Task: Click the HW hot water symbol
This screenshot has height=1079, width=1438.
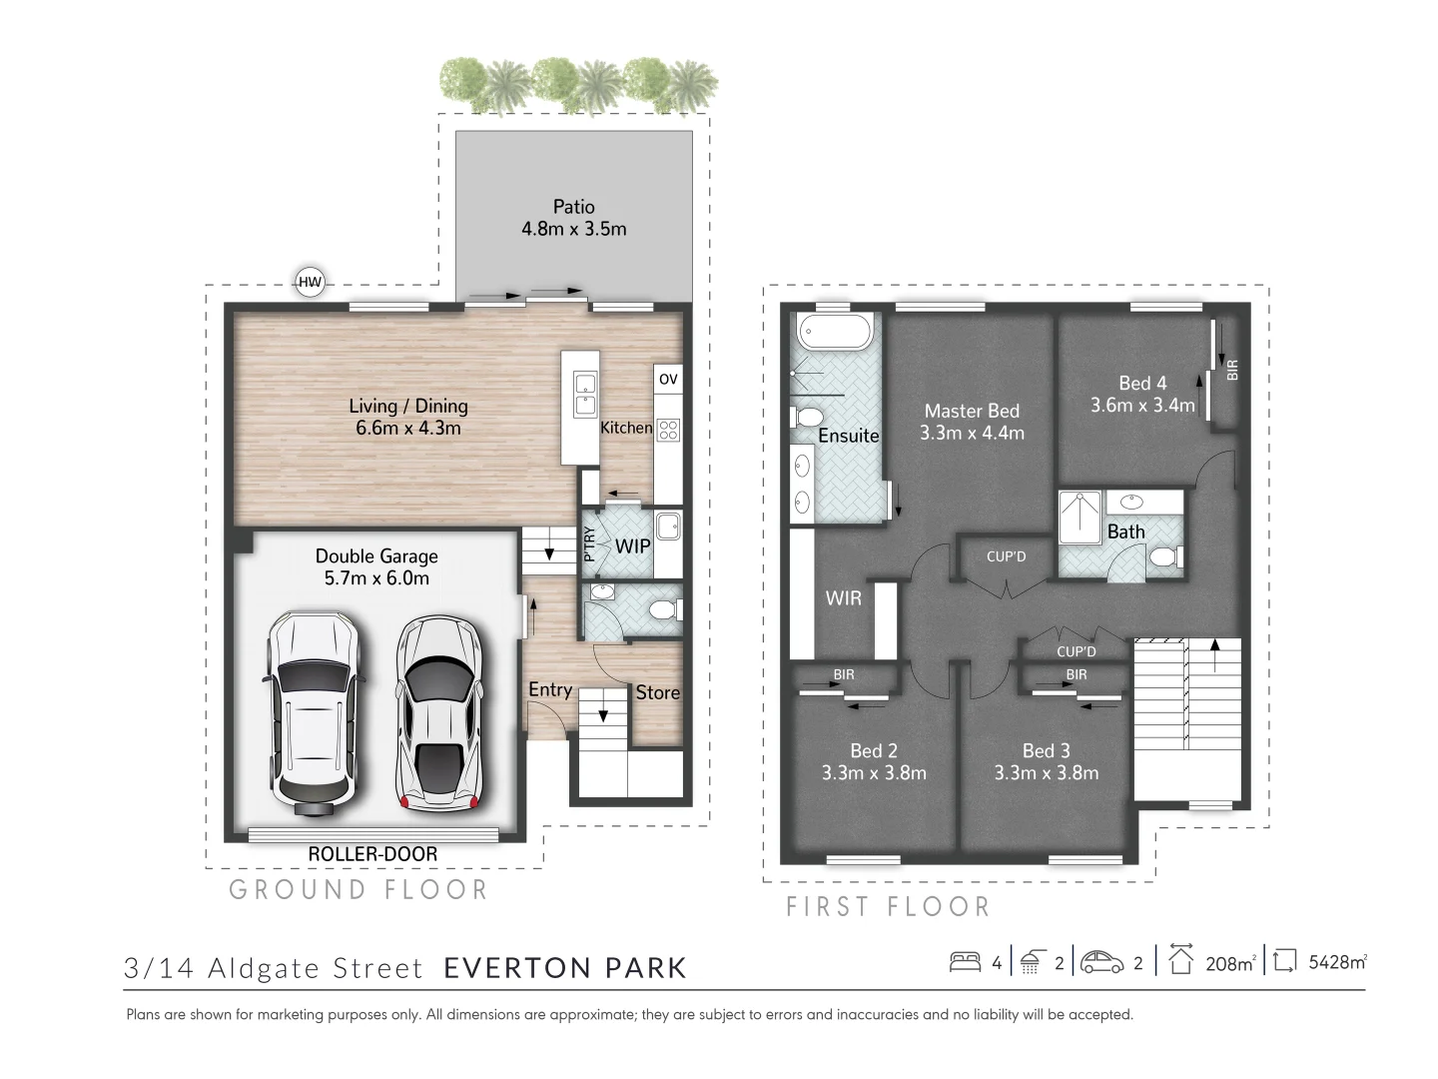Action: click(311, 283)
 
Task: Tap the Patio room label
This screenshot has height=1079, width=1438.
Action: click(573, 207)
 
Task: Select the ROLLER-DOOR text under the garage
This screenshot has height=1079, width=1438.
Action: click(372, 854)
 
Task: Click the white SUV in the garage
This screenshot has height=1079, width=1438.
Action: click(311, 711)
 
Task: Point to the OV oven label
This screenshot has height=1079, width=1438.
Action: click(668, 380)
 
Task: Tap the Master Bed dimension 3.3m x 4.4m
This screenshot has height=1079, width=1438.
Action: click(972, 434)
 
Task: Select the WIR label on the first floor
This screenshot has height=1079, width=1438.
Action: click(844, 599)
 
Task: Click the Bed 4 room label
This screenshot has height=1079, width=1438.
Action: click(1142, 383)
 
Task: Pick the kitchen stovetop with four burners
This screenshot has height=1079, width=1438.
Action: click(668, 431)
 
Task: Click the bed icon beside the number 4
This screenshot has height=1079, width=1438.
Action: click(965, 962)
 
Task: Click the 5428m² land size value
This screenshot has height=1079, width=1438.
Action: click(1337, 963)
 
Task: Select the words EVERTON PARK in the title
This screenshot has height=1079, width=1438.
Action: click(565, 968)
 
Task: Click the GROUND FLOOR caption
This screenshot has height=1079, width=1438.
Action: click(359, 890)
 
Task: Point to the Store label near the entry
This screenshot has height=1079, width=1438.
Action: click(657, 692)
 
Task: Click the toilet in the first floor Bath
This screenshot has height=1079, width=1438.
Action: click(1164, 555)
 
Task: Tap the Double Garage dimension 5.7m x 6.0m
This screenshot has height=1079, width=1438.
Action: click(376, 578)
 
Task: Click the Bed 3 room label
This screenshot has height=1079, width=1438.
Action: click(1046, 750)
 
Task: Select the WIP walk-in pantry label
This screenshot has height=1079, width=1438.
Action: click(632, 546)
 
